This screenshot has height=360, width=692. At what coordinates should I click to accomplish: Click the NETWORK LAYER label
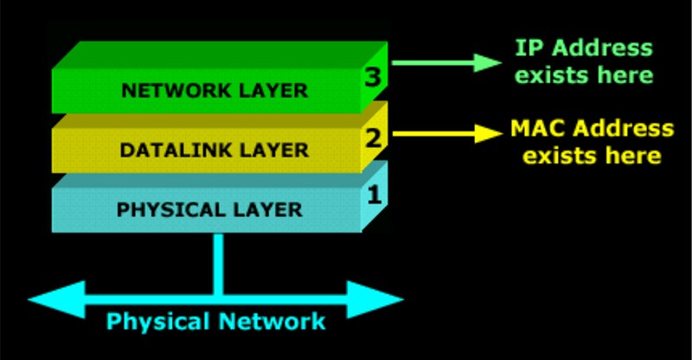[214, 90]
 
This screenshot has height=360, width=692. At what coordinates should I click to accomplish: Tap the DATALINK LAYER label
[214, 150]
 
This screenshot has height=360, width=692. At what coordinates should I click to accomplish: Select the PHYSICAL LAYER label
[209, 209]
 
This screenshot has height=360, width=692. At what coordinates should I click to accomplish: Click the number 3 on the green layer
[373, 78]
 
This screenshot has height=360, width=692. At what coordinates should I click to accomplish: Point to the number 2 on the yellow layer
[373, 137]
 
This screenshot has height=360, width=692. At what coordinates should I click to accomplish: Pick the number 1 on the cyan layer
[374, 195]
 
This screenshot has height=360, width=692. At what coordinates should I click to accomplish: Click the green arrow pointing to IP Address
[446, 62]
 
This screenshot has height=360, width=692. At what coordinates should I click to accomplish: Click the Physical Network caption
[216, 321]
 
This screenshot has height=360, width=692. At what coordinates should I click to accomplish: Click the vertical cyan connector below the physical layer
[217, 260]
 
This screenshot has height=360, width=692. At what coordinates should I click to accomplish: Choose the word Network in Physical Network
[276, 321]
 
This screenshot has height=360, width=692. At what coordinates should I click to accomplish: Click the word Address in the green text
[605, 48]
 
